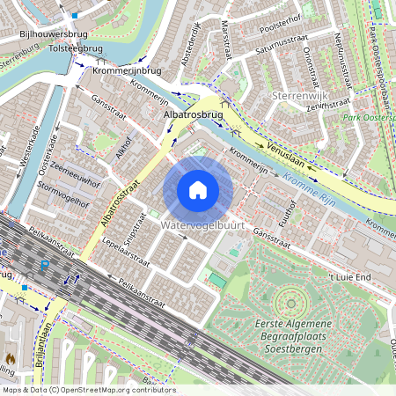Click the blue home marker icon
[x=198, y=190]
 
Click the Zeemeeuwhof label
[x=75, y=176]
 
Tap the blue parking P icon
[x=44, y=264]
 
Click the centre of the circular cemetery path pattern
[x=290, y=304]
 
